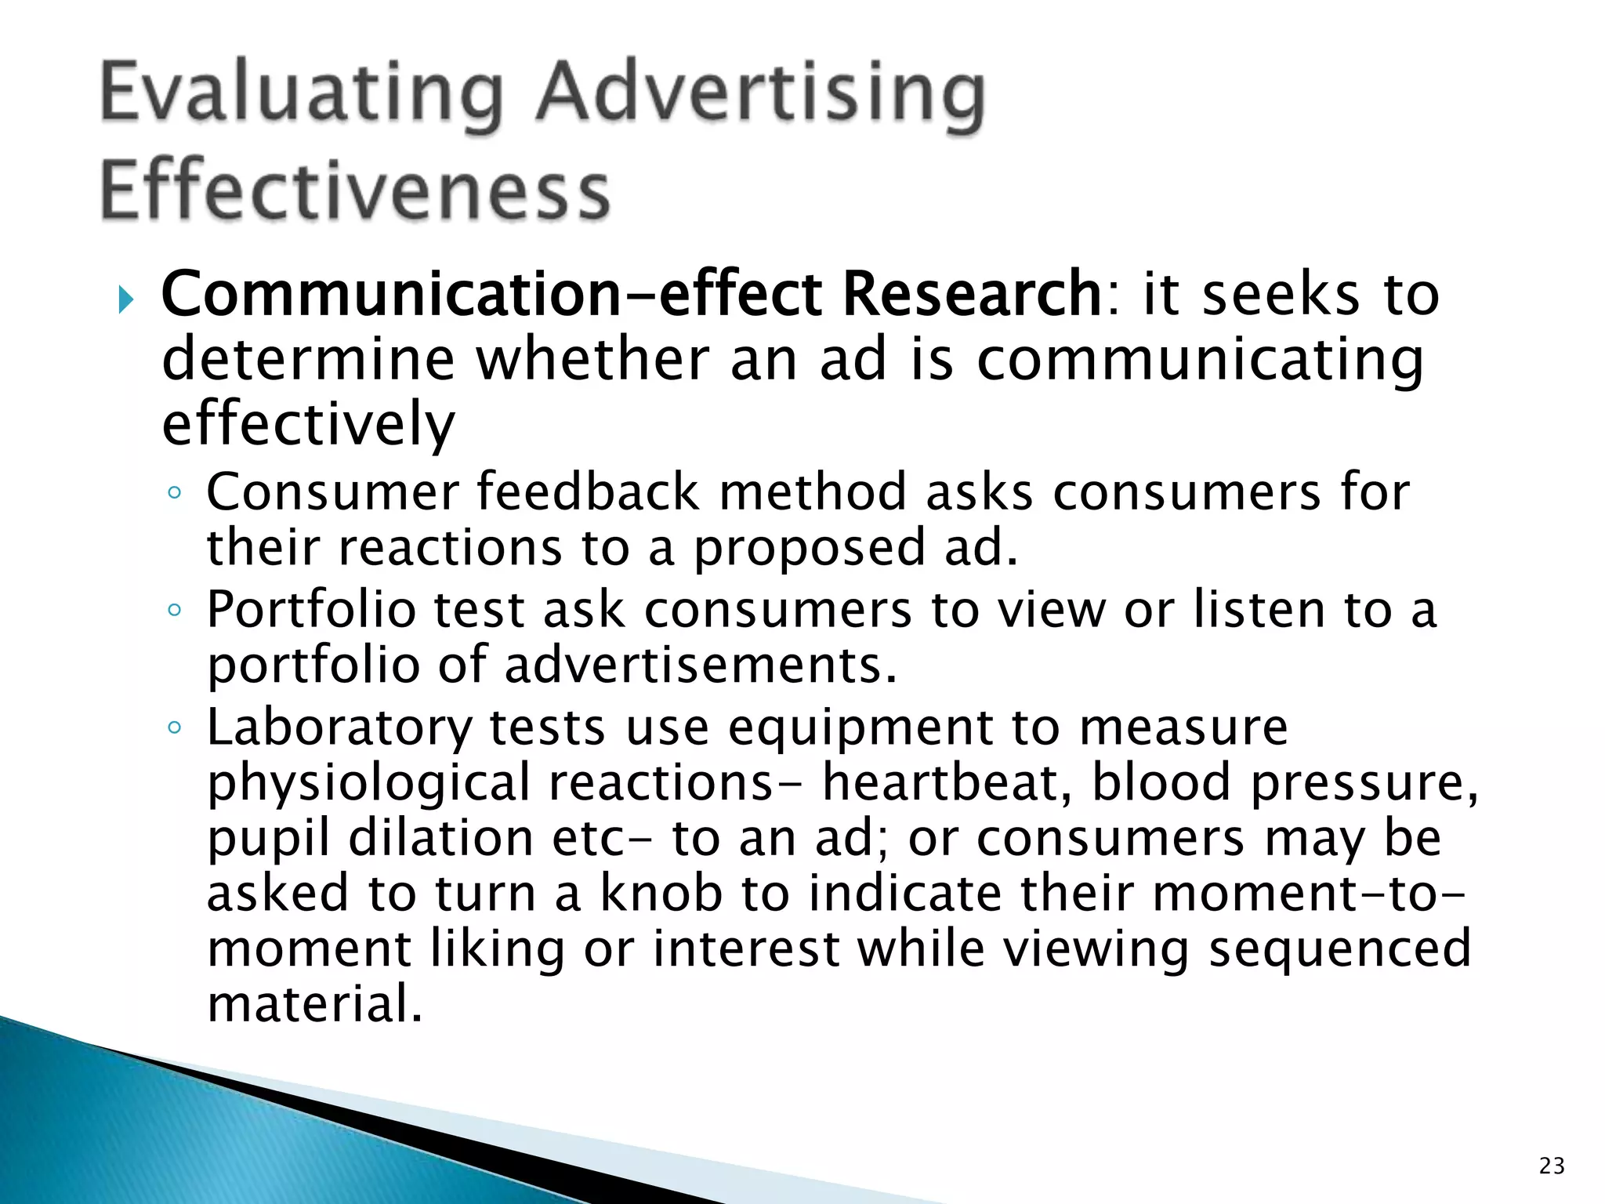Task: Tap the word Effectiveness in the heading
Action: click(354, 190)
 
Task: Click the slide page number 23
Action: click(1552, 1166)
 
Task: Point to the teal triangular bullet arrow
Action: click(126, 299)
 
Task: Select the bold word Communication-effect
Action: click(491, 294)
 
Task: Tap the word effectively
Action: click(308, 423)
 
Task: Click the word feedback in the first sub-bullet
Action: click(588, 492)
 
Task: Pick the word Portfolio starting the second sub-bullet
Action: click(310, 610)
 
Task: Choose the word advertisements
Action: click(700, 665)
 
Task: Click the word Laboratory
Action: click(339, 727)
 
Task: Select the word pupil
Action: click(268, 839)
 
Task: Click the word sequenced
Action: click(1339, 948)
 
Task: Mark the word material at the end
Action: click(314, 1003)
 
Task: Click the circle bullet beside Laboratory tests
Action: click(175, 728)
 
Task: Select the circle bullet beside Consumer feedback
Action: click(175, 493)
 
